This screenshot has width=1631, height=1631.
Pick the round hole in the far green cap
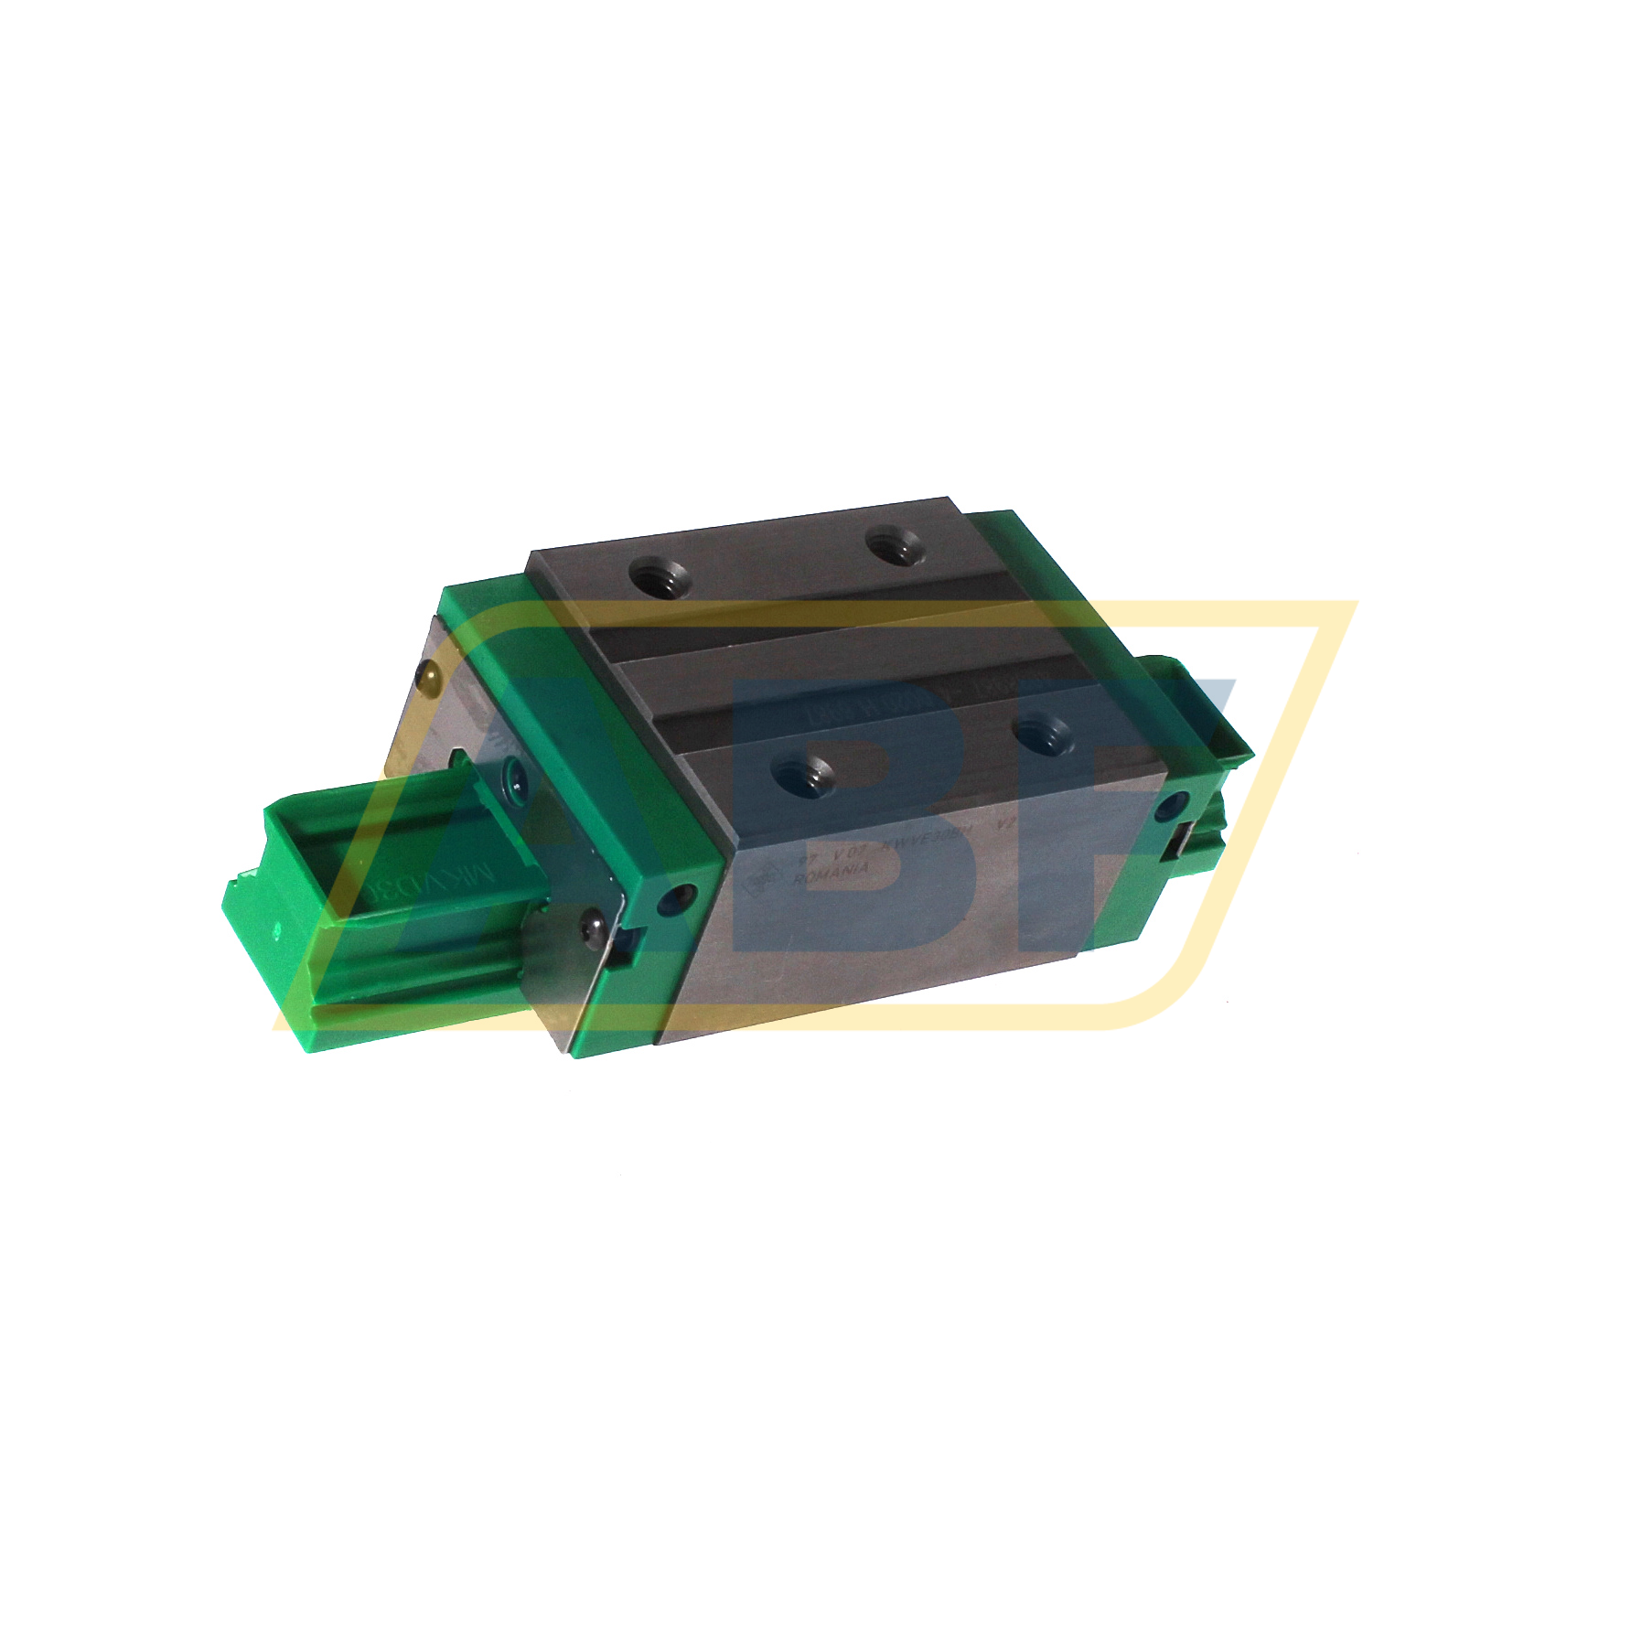pos(1169,806)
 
